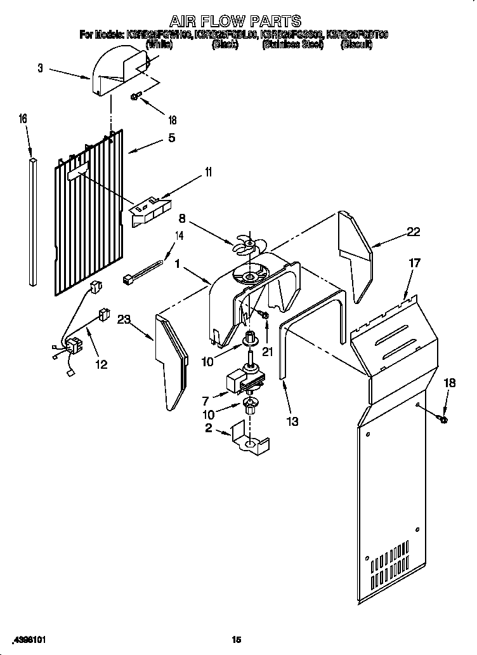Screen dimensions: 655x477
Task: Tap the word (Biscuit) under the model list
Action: pyautogui.click(x=356, y=45)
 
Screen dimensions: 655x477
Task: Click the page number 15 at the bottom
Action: pyautogui.click(x=236, y=639)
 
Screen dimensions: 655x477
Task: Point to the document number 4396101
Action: pyautogui.click(x=28, y=639)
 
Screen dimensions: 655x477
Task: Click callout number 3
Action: pyautogui.click(x=41, y=68)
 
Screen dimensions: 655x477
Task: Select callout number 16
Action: pyautogui.click(x=23, y=119)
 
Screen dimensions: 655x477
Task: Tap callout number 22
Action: pyautogui.click(x=413, y=232)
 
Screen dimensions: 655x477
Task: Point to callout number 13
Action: pyautogui.click(x=292, y=421)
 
